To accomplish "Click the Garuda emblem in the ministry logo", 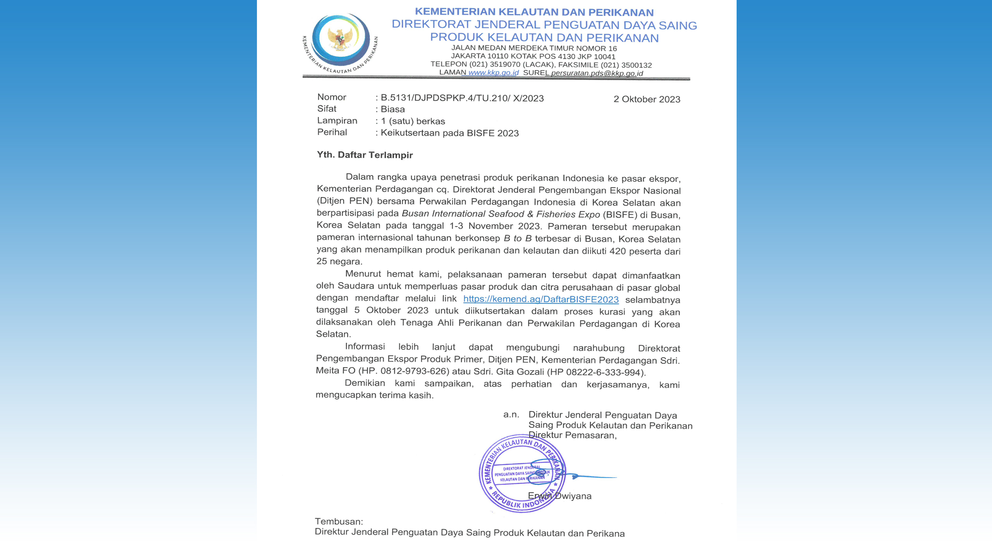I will (340, 39).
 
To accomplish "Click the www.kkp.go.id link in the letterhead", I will (493, 72).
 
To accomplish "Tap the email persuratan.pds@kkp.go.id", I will (597, 73).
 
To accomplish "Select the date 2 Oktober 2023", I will (647, 99).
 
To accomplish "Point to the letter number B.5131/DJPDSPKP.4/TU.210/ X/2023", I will (462, 98).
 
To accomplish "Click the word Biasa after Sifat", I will (393, 109).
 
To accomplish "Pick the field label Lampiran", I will (337, 120).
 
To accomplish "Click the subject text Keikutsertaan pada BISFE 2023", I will (449, 133).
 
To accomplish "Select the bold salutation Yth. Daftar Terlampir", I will (365, 155).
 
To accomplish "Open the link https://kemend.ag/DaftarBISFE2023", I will (541, 299).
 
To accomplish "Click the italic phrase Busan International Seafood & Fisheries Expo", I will (501, 214).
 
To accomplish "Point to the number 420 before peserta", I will (617, 251).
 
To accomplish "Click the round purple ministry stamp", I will (522, 473).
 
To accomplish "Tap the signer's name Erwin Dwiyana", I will (560, 496).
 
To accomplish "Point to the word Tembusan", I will (338, 521).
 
